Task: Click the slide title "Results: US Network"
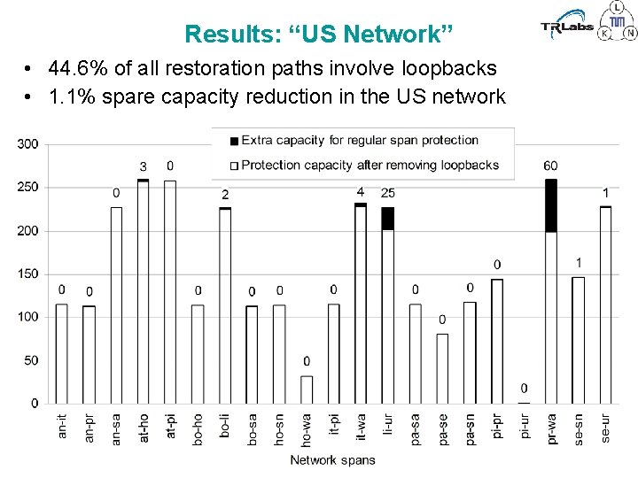click(318, 35)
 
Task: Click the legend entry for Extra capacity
click(354, 140)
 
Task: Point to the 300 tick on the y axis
click(28, 144)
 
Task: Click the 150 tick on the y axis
click(28, 274)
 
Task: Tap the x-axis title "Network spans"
click(332, 459)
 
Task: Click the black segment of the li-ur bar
click(388, 219)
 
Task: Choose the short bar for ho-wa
click(307, 389)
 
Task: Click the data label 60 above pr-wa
click(551, 166)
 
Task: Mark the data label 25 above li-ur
click(388, 193)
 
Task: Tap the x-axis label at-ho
click(144, 429)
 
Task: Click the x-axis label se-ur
click(605, 429)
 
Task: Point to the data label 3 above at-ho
click(143, 166)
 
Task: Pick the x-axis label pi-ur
click(524, 429)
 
